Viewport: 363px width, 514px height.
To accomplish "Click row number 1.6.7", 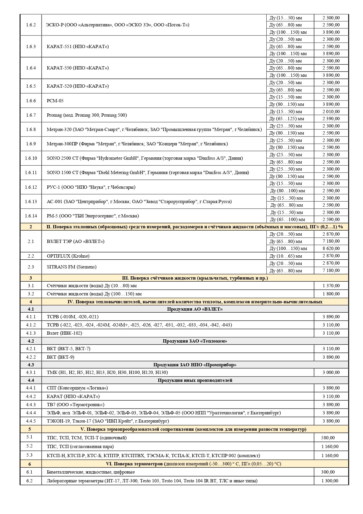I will coord(31,115).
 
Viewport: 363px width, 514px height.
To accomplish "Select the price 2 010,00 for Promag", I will coord(331,112).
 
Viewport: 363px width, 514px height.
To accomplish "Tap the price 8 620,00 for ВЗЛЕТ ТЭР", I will coord(331,249).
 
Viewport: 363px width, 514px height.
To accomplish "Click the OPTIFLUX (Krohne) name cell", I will coord(68,256).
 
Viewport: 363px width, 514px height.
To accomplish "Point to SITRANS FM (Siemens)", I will coord(71,267).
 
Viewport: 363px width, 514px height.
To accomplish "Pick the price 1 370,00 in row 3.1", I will coord(331,286).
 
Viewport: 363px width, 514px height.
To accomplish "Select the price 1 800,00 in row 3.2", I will coord(331,294).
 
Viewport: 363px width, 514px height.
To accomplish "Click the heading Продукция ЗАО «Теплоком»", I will coord(195,341).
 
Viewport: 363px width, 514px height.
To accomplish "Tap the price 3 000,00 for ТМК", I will coord(331,372).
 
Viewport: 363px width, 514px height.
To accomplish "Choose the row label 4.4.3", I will coord(31,405).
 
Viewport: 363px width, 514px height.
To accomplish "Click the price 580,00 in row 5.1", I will coord(328,438).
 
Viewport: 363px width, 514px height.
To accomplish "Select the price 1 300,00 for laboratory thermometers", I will coord(330,481).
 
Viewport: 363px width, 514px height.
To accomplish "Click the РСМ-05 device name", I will coord(55,101).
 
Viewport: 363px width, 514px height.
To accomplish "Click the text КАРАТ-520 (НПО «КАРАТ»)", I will coord(78,86).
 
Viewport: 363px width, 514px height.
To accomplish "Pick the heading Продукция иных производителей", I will coord(195,380).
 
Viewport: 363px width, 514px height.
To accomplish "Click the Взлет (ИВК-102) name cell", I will coord(64,333).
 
